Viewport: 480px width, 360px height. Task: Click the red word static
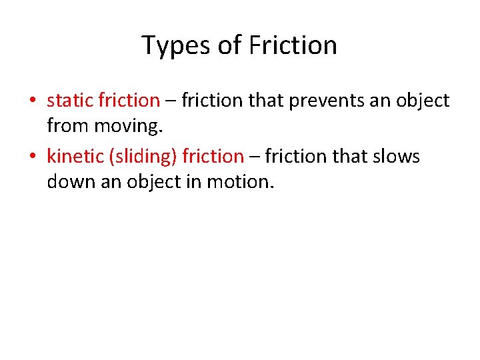coord(70,101)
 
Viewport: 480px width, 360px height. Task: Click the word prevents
coord(299,101)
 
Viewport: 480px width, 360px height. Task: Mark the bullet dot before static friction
coord(32,101)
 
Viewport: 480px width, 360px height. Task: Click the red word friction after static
coord(129,101)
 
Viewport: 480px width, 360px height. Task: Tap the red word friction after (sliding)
coord(213,157)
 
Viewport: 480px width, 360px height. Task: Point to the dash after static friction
coord(171,101)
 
